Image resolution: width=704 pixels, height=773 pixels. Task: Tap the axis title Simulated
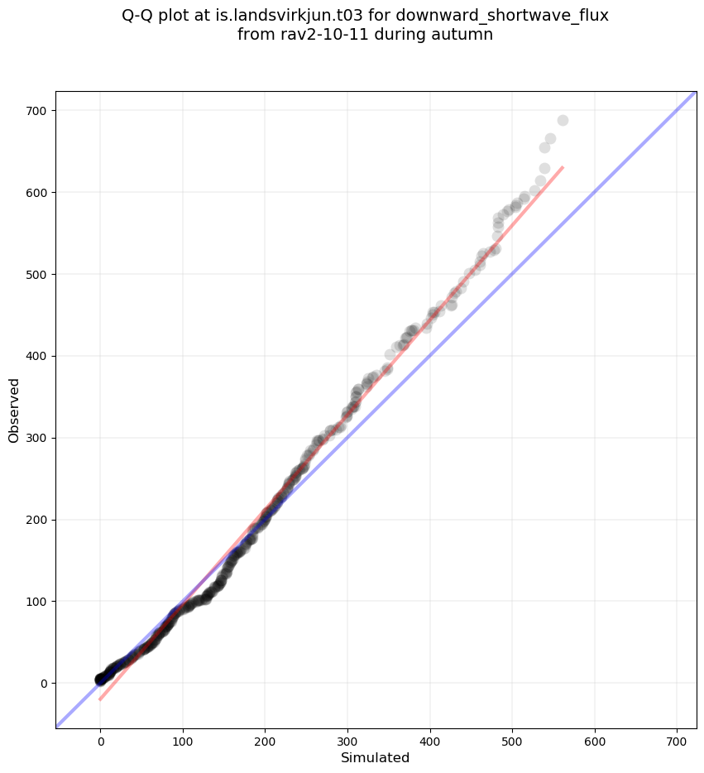[x=376, y=758]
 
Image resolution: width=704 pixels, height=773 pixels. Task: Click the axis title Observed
[x=14, y=411]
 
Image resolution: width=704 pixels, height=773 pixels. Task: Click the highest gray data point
[x=563, y=120]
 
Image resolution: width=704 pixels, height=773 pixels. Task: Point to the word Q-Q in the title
[x=139, y=16]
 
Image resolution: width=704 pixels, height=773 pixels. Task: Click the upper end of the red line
[x=563, y=167]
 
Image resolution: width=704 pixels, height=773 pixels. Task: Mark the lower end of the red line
[x=99, y=700]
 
